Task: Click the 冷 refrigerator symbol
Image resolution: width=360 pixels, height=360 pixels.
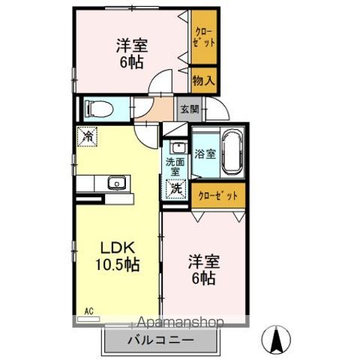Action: coord(88,136)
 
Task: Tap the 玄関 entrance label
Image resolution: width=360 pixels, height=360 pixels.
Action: coord(188,109)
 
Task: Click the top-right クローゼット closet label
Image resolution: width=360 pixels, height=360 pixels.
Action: coord(204,38)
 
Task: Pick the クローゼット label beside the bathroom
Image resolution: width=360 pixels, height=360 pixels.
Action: coord(217,195)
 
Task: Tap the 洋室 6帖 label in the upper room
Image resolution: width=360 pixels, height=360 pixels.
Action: coord(130,53)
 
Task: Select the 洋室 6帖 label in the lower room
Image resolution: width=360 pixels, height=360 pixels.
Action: coord(202,270)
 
